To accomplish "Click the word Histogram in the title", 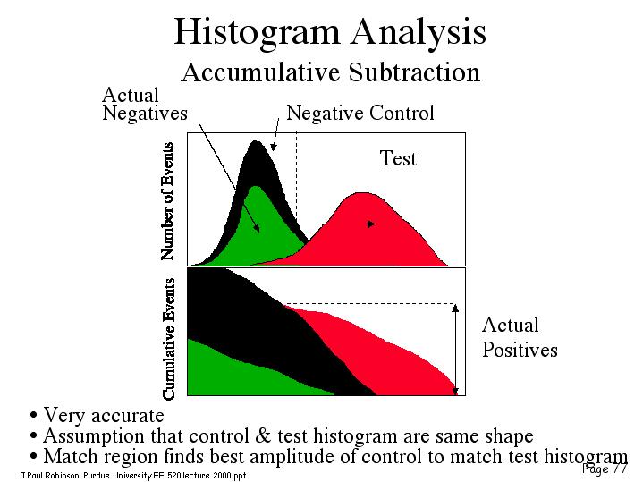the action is pos(258,32).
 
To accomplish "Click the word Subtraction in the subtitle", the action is pos(414,72).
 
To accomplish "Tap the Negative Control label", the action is pos(360,113).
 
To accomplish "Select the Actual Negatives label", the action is pos(145,104).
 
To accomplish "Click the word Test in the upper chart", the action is pos(398,158).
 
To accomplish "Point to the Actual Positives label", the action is pos(520,338).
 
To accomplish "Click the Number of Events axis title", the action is pos(167,201).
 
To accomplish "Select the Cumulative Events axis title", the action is pos(168,339).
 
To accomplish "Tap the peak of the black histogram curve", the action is pos(256,142).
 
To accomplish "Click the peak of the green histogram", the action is pos(256,188).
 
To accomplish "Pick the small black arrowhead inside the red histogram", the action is pos(371,224).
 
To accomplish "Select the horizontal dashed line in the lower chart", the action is pos(370,304).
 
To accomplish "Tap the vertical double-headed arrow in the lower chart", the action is pos(455,350).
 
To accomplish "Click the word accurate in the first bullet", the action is pos(128,416).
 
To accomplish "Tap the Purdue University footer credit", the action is pos(133,476).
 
